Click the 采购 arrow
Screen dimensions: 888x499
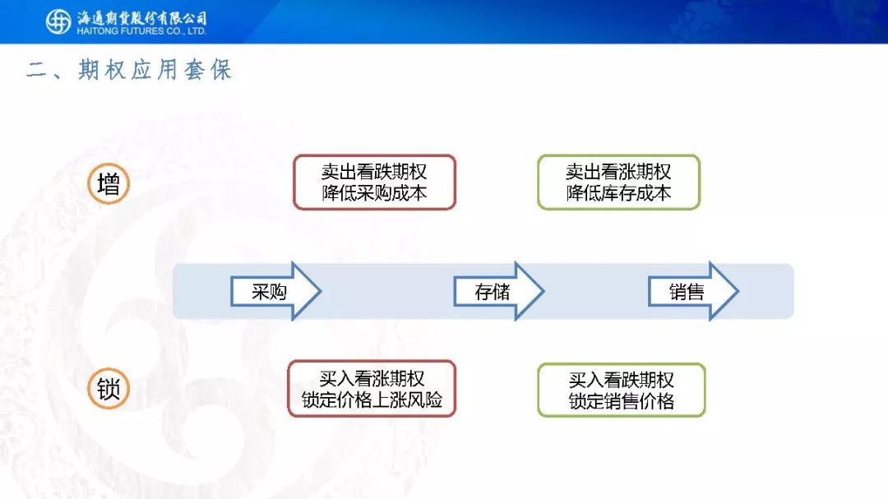(275, 291)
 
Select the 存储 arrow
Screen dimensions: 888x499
(499, 291)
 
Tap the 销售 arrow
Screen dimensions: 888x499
(693, 291)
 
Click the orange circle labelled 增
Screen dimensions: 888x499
(109, 183)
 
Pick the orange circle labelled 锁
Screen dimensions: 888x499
(109, 389)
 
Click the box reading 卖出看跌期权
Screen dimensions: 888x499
(374, 183)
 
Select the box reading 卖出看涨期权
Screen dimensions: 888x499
(619, 183)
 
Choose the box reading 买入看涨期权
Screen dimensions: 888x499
(372, 389)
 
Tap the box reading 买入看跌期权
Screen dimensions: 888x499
(622, 390)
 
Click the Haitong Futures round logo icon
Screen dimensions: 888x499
(58, 21)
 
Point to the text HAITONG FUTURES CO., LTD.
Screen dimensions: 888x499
(141, 31)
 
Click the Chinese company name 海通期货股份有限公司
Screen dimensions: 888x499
(141, 17)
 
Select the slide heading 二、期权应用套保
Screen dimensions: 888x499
(129, 70)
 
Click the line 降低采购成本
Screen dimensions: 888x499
(374, 193)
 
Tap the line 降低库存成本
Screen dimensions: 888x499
(619, 193)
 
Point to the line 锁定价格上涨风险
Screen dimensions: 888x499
(372, 400)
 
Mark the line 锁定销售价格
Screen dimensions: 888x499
(622, 401)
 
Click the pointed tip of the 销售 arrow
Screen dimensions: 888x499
(738, 291)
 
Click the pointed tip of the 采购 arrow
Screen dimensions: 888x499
(321, 291)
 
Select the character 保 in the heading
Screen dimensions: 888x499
(221, 70)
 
